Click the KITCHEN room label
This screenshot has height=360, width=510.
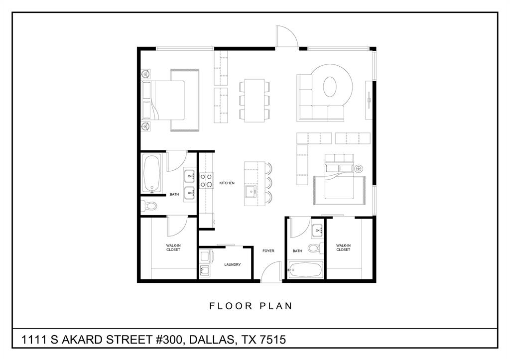227,183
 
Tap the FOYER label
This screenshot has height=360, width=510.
268,251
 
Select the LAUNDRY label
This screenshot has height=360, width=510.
233,264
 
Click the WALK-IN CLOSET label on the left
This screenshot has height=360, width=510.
173,247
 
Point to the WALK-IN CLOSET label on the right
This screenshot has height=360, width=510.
343,247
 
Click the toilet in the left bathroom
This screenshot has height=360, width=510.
149,205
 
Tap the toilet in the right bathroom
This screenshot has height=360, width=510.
314,248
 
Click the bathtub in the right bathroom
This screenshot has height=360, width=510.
306,271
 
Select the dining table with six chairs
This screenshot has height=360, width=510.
255,100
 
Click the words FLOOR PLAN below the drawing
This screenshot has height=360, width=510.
251,306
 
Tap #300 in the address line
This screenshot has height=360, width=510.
165,340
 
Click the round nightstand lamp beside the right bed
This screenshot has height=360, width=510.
359,169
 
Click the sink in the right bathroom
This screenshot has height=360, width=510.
317,232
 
